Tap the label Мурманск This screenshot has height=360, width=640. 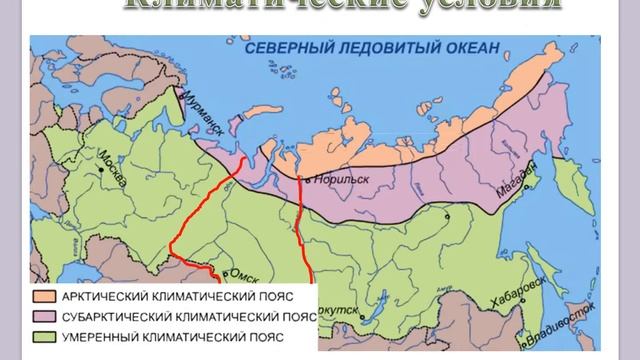(196, 113)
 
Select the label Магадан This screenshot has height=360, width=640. (517, 178)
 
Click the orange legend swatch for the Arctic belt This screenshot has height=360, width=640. (45, 297)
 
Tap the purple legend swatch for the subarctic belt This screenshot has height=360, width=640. (45, 316)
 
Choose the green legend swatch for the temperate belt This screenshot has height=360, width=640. (45, 336)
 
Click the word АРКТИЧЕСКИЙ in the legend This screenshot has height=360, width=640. (103, 297)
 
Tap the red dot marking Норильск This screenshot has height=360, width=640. (302, 179)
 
